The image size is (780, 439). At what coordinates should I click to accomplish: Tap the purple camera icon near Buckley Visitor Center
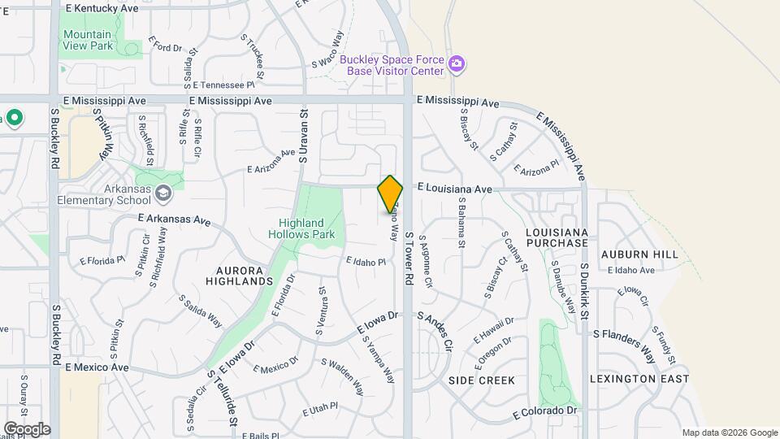pos(457,64)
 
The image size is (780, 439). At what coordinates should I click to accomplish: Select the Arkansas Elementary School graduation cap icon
pos(163,193)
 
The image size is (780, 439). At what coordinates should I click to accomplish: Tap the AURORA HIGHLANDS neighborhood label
pos(244,275)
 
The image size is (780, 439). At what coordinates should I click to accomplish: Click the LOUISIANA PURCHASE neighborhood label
pos(557,237)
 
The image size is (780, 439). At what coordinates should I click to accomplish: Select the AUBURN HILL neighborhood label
pos(639,254)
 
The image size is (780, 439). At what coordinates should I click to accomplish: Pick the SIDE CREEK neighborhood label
pos(482,380)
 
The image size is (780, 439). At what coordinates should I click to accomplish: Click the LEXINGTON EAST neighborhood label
pos(639,379)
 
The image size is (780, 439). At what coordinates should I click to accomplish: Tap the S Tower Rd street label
pos(409,260)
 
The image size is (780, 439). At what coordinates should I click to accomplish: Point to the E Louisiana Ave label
pos(454,189)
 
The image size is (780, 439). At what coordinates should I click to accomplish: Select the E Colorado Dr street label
pos(544,413)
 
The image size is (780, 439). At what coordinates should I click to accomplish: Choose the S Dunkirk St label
pos(583,291)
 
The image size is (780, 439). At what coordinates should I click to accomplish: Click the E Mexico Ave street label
pos(97,367)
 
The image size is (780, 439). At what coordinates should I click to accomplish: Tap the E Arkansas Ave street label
pos(174,219)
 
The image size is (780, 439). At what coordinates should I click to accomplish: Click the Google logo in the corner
pos(27,428)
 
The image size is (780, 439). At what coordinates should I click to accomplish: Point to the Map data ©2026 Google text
pos(730,432)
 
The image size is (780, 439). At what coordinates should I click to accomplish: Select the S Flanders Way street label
pos(624,343)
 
